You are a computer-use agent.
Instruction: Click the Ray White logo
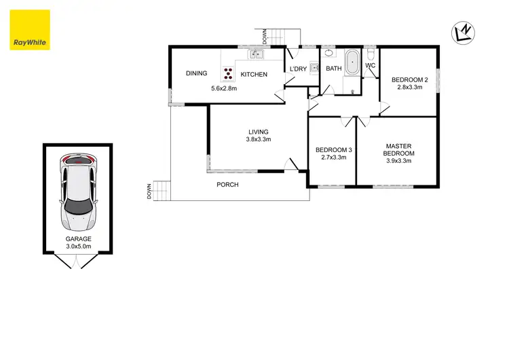30,31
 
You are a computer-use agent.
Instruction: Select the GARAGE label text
78,239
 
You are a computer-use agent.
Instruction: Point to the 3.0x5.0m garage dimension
78,247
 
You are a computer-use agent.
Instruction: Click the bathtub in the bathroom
353,64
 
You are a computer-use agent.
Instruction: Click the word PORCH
227,185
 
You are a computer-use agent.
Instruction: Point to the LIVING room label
259,132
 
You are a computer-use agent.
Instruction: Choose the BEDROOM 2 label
409,80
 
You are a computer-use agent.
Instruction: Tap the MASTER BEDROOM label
400,150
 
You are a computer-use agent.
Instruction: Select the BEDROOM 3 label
332,150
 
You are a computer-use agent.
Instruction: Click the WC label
371,65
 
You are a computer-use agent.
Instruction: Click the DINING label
197,73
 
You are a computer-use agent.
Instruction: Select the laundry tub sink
314,67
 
